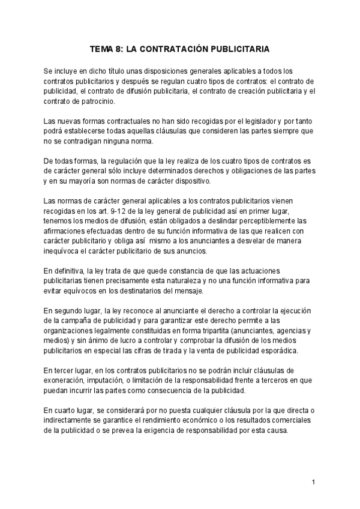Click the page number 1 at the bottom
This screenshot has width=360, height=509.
coord(314,483)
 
